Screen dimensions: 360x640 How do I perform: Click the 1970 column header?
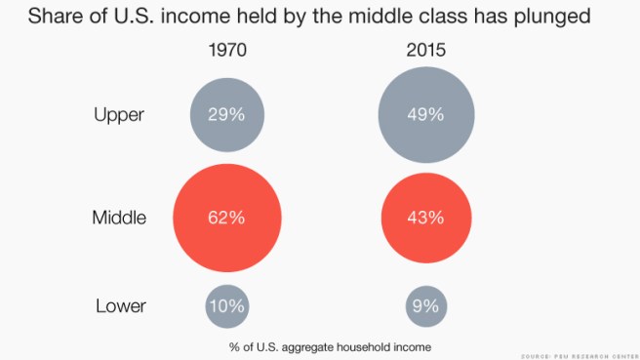pyautogui.click(x=227, y=50)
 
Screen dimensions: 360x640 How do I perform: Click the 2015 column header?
pyautogui.click(x=425, y=50)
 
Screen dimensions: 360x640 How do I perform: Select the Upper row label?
pyautogui.click(x=119, y=115)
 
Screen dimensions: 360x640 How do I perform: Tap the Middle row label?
pyautogui.click(x=118, y=218)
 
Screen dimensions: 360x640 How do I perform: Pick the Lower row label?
pyautogui.click(x=121, y=306)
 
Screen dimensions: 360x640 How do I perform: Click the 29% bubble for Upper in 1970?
pyautogui.click(x=227, y=114)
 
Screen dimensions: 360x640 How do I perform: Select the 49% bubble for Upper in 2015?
pyautogui.click(x=425, y=114)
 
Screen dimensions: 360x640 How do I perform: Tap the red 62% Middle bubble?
pyautogui.click(x=227, y=217)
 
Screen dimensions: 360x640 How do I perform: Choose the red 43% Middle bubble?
pyautogui.click(x=425, y=217)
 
